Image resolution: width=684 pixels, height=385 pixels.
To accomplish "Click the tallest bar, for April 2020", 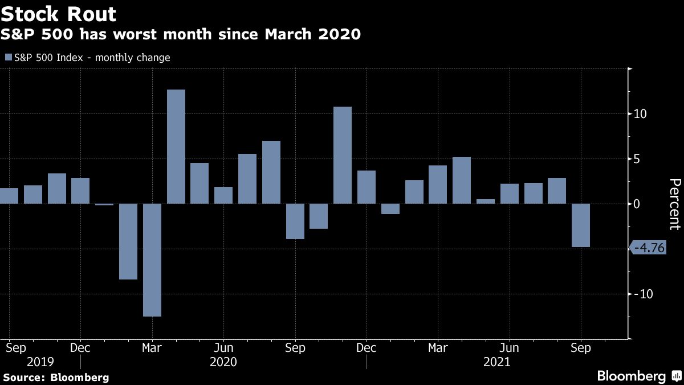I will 176,147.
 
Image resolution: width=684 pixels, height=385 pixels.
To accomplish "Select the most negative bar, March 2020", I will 152,260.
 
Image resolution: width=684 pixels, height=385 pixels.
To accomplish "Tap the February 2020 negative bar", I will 128,241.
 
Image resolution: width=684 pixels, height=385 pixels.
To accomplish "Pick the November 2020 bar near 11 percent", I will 343,155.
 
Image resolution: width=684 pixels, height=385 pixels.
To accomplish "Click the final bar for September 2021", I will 581,225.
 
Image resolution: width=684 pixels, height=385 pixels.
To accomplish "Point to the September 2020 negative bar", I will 295,221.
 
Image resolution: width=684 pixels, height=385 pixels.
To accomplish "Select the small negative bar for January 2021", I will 390,209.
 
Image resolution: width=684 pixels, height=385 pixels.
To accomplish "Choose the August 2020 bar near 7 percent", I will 271,172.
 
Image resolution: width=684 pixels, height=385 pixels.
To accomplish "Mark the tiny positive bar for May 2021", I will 486,201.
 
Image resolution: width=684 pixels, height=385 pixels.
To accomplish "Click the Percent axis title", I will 675,204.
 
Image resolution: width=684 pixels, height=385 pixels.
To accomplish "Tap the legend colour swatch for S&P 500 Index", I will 8,58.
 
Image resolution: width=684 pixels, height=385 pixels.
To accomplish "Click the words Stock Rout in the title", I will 59,14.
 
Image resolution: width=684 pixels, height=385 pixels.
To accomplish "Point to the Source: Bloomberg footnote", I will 56,377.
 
